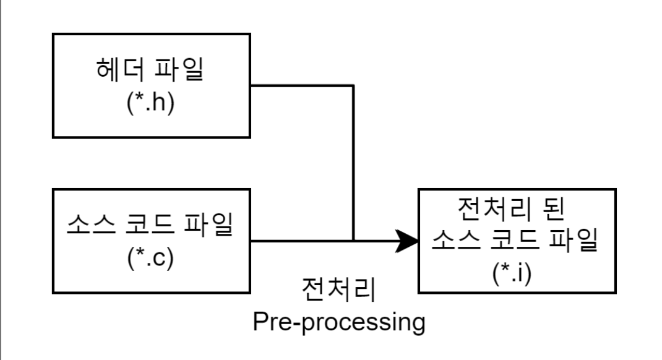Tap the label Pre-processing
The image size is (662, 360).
click(x=338, y=322)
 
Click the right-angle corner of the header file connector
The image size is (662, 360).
click(x=353, y=86)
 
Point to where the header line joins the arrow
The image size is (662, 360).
click(x=353, y=240)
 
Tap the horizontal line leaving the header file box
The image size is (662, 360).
click(x=303, y=86)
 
